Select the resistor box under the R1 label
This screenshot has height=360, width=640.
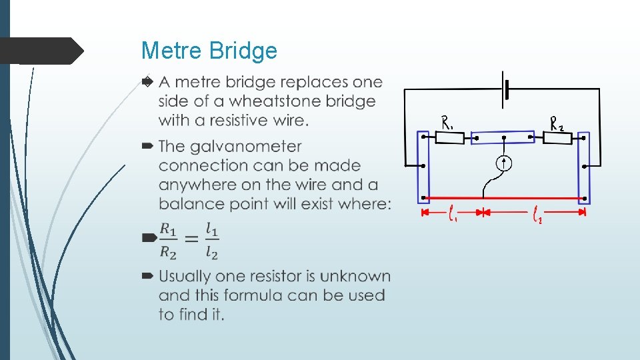tap(450, 137)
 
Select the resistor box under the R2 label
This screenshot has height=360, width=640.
tap(557, 138)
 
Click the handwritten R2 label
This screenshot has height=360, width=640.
tap(557, 122)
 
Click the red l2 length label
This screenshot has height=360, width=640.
tap(536, 214)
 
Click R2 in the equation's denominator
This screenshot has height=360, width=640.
tap(168, 252)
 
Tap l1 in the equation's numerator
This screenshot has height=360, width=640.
tap(211, 229)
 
